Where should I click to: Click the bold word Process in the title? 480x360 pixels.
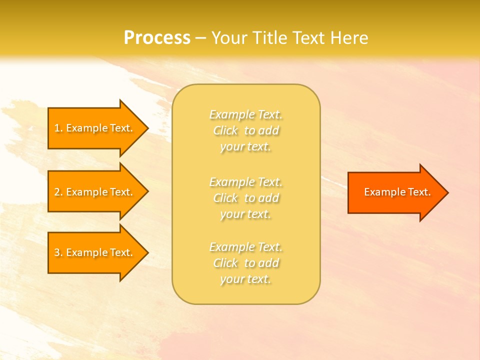coord(157,37)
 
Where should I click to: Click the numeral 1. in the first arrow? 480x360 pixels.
coord(58,128)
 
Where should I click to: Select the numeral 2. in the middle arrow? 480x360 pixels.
coord(58,192)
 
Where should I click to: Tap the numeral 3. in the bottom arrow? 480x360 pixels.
coord(58,252)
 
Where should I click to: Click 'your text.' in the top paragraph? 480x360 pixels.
coord(245,147)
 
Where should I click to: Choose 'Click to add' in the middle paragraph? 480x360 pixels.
coord(246,198)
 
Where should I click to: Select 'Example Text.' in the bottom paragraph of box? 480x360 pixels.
coord(246,247)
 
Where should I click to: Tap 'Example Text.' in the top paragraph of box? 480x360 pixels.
coord(246,114)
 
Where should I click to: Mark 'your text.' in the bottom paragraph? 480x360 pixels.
coord(245,279)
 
